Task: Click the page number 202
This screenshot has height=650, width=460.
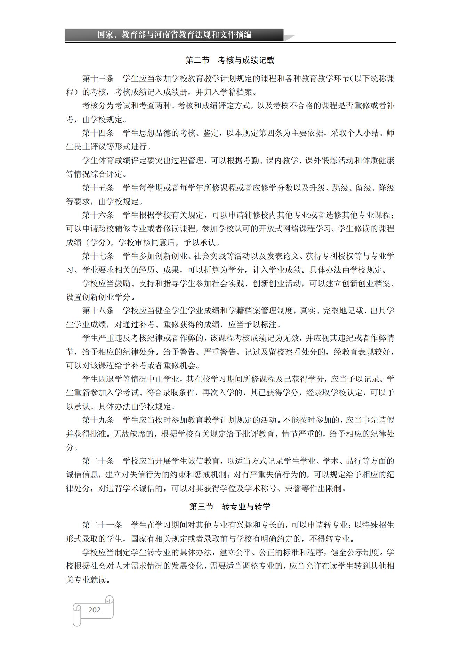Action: pos(94,610)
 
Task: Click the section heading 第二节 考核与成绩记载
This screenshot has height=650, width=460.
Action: pos(230,60)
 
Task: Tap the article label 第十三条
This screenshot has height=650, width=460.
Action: pos(98,79)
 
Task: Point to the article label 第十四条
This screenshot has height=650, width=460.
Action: pos(98,133)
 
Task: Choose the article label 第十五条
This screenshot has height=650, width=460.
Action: pos(98,188)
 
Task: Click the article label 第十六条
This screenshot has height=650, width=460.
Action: pos(98,215)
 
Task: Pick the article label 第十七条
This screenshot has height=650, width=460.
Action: pos(98,256)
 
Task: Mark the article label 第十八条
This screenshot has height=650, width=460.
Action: pos(98,311)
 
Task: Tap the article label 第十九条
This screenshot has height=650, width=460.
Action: pos(98,420)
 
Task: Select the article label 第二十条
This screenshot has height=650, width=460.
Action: pos(98,461)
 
